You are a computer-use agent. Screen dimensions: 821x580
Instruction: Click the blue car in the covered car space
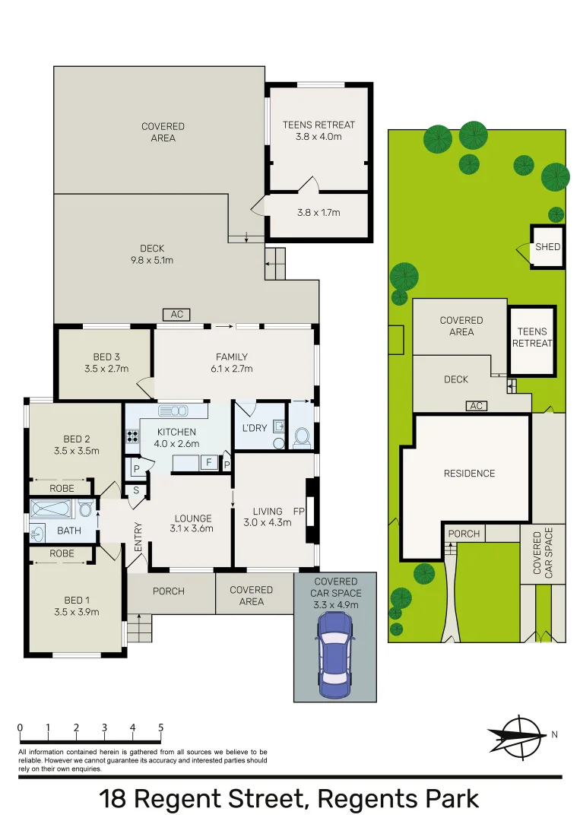pos(334,655)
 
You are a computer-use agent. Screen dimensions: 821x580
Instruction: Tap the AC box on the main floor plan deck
pos(176,315)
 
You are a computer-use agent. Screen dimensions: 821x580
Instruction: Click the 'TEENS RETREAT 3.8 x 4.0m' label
pos(319,131)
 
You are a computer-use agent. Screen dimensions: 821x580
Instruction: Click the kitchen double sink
pos(174,411)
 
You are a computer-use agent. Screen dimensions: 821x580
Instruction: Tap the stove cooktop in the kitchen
pos(132,436)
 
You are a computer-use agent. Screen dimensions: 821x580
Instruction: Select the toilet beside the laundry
pos(302,437)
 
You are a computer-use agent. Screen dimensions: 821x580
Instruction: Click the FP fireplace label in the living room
pos(299,512)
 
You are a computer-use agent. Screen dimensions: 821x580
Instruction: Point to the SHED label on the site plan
pos(547,247)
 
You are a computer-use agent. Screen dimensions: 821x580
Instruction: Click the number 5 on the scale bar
pos(160,727)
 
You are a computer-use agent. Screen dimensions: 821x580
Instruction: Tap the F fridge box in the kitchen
pos(206,461)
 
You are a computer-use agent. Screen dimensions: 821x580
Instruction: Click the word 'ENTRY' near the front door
pos(138,537)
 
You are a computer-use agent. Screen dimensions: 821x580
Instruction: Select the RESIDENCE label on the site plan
pos(469,474)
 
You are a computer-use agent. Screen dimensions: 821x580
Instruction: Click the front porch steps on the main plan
pos(139,628)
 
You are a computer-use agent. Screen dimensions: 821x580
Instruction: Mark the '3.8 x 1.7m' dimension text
pos(319,213)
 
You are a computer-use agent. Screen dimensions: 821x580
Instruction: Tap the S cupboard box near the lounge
pos(136,490)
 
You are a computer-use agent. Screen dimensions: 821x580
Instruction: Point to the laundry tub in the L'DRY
pos(278,427)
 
